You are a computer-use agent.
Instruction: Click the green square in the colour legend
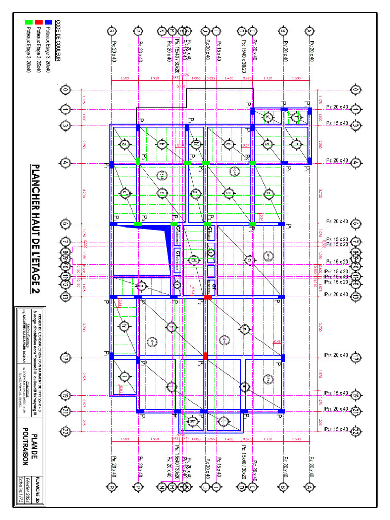pyautogui.click(x=29, y=22)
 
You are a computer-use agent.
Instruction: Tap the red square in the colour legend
pyautogui.click(x=39, y=22)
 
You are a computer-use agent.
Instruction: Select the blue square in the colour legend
pyautogui.click(x=49, y=22)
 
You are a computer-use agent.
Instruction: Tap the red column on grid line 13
pyautogui.click(x=208, y=297)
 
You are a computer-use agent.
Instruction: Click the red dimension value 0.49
pyautogui.click(x=277, y=342)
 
